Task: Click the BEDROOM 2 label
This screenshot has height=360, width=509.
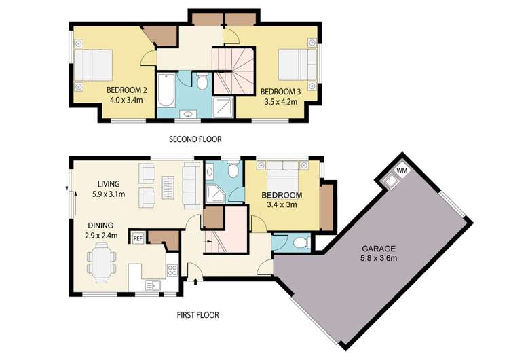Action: (127, 90)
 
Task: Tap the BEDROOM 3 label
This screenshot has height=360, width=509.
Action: (280, 92)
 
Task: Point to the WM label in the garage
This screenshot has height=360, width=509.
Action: (402, 170)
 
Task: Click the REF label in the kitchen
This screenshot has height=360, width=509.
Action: (137, 238)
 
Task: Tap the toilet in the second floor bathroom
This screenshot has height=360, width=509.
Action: (202, 82)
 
